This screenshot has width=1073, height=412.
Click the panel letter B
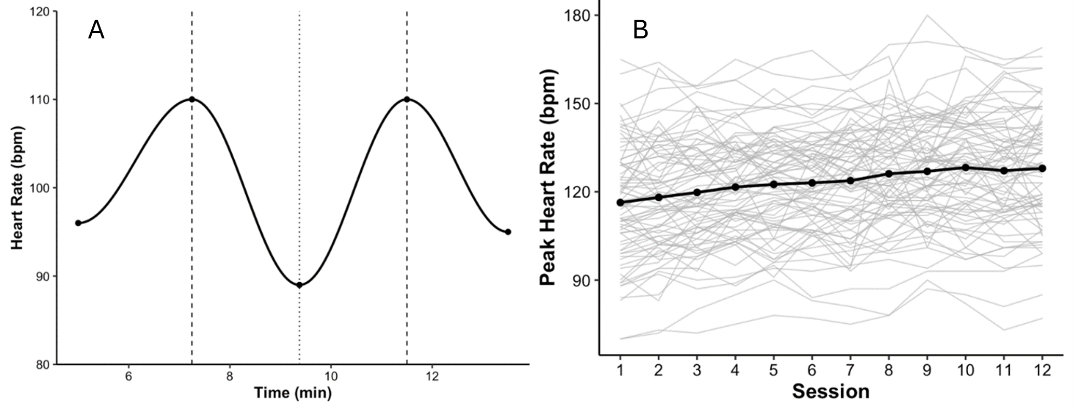(x=640, y=31)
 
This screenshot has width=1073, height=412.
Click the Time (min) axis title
(x=292, y=393)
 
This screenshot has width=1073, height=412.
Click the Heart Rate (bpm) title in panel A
(x=17, y=187)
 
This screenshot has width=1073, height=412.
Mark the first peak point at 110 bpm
(x=192, y=99)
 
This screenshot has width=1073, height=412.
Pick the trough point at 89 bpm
(x=299, y=285)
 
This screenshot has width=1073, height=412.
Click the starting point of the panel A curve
(x=78, y=223)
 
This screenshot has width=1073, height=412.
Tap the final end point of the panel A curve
(x=508, y=232)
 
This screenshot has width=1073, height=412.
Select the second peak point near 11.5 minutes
(x=406, y=99)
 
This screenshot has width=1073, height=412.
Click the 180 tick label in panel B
(x=578, y=16)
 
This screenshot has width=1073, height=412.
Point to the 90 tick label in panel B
(x=582, y=280)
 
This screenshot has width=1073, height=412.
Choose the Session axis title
(x=830, y=392)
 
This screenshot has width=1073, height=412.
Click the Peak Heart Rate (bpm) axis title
(x=547, y=177)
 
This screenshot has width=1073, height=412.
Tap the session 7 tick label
(x=850, y=370)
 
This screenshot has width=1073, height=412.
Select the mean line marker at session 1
(x=620, y=202)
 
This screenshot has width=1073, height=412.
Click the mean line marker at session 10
(x=966, y=168)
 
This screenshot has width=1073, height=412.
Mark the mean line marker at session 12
(x=1042, y=168)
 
